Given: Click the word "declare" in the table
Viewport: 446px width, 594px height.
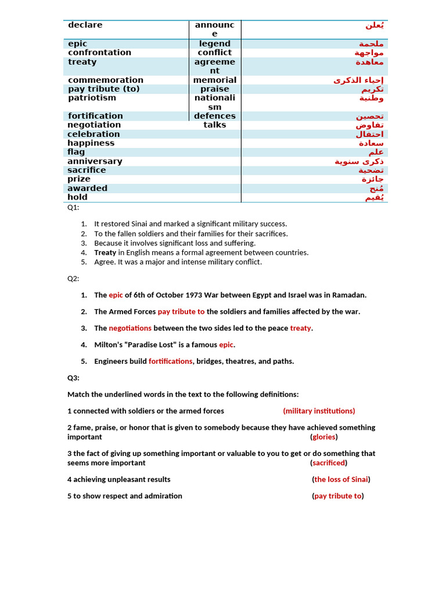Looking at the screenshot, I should click(85, 25).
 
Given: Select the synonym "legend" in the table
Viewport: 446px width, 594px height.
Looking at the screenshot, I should click(214, 44).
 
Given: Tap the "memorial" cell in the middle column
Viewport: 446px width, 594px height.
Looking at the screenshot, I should click(214, 80).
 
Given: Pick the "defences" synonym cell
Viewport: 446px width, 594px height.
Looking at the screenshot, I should click(214, 116).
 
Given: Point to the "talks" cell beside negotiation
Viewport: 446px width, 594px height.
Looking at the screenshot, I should click(214, 125).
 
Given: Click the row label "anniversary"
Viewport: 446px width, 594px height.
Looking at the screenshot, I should click(95, 161).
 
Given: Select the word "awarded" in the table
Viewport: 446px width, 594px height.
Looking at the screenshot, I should click(87, 188).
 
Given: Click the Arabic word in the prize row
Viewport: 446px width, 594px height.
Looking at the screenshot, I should click(372, 179).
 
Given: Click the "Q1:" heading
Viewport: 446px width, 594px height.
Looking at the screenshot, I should click(73, 208).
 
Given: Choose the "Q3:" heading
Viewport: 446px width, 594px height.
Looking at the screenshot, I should click(73, 378).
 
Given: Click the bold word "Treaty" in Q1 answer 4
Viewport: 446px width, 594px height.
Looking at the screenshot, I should click(105, 252).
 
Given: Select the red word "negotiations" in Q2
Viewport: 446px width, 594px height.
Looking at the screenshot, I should click(130, 328).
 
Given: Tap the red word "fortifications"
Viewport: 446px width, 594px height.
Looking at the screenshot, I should click(170, 361).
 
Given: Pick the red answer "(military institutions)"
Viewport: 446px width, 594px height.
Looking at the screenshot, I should click(319, 411).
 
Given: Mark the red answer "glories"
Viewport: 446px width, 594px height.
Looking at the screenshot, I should click(323, 437).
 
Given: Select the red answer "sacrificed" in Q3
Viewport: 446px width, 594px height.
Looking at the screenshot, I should click(329, 463).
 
